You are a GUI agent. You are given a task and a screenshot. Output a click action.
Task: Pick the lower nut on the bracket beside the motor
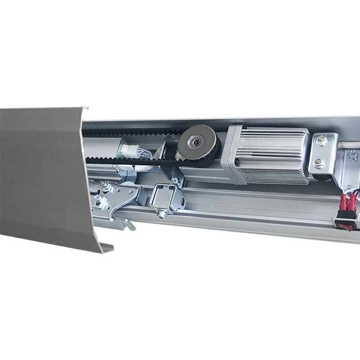coord(319,164)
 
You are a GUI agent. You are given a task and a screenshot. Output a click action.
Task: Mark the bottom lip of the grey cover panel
coord(106,247)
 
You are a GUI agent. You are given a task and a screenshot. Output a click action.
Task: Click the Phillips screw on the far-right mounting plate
coord(354,156)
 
